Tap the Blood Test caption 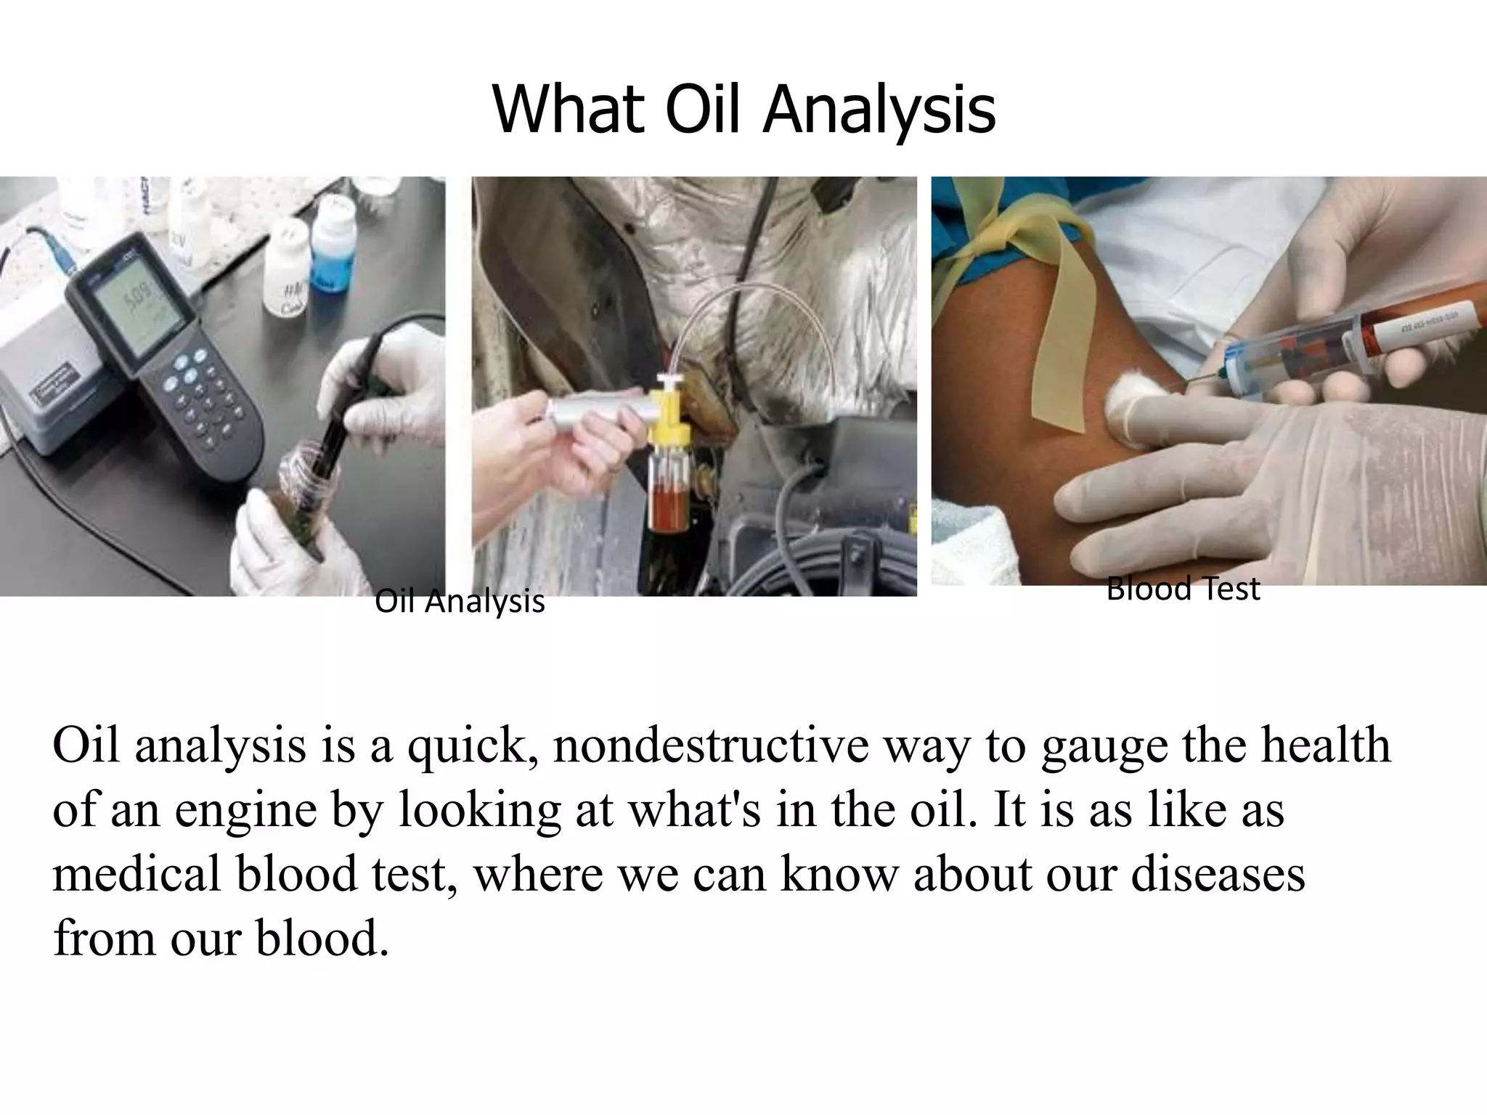click(x=1183, y=589)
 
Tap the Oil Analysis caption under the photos click(x=460, y=602)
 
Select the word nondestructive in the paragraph click(x=710, y=746)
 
